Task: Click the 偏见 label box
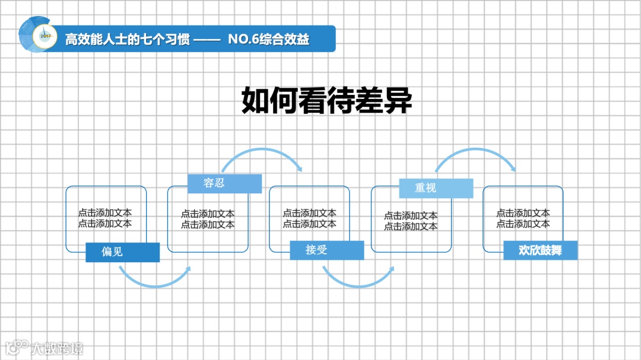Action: (122, 252)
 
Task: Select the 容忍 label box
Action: (224, 183)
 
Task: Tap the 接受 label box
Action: (326, 250)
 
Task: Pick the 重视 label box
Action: (436, 188)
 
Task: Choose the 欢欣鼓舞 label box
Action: (540, 250)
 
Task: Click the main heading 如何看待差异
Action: (326, 101)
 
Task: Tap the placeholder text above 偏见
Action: (105, 218)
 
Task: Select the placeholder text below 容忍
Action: (208, 219)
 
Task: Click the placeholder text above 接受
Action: (309, 218)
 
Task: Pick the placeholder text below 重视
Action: (411, 221)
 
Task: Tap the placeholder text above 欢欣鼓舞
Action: (523, 218)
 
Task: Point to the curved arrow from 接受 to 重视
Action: (357, 283)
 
